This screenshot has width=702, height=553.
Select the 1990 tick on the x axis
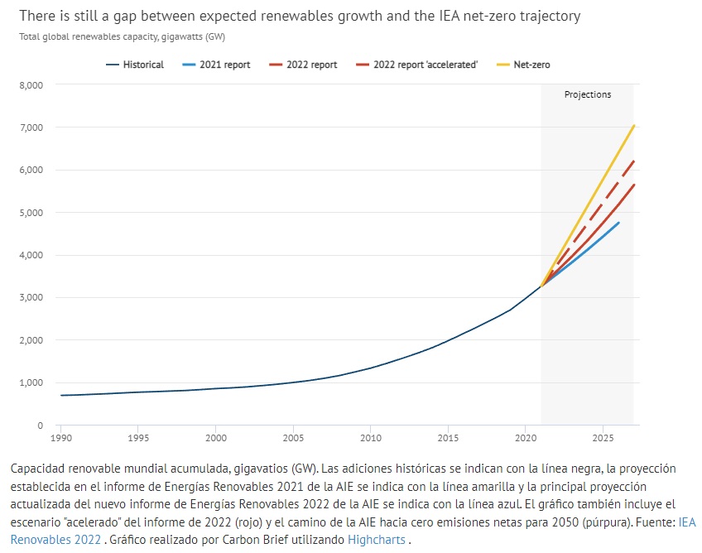click(x=61, y=436)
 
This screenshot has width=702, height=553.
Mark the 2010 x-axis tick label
click(x=370, y=436)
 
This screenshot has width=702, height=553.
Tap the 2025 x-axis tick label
click(x=603, y=436)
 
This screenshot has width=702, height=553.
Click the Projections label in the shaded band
click(x=588, y=94)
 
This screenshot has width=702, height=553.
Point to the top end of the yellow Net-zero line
click(x=634, y=125)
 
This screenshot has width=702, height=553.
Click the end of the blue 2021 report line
click(x=618, y=223)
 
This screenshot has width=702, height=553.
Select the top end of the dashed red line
click(x=634, y=161)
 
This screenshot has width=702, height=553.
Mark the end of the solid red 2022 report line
click(x=634, y=185)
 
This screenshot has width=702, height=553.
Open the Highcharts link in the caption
click(x=377, y=539)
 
